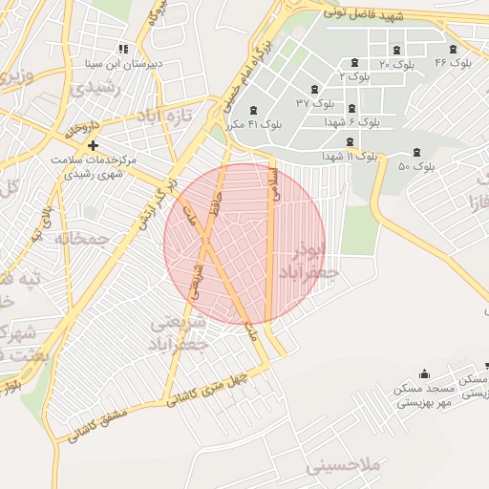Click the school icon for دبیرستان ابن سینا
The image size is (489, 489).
122,49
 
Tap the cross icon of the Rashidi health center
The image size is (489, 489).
93,145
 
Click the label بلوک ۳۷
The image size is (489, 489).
316,101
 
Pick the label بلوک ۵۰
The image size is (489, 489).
416,166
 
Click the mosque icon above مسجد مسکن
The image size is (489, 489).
424,373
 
